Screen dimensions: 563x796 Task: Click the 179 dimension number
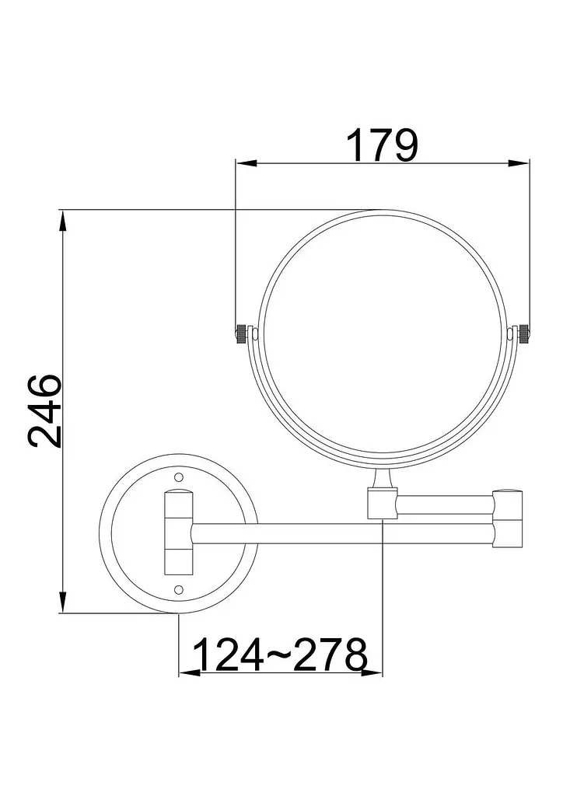[383, 145]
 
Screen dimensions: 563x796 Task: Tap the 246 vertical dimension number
[44, 411]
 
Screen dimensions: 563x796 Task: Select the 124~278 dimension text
[280, 655]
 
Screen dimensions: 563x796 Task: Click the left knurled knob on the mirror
[242, 333]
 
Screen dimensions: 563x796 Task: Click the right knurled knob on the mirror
[523, 333]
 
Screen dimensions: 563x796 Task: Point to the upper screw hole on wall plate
[179, 477]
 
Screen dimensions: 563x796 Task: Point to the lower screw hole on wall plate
[179, 589]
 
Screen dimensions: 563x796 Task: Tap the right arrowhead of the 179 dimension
[519, 163]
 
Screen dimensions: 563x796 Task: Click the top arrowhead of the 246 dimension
[63, 220]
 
